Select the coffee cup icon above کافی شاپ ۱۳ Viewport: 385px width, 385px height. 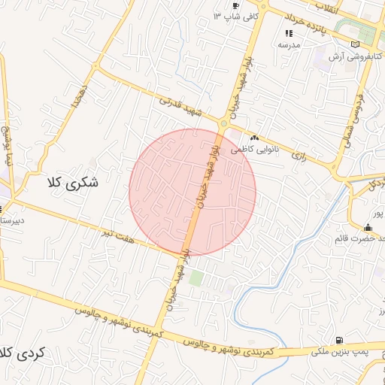[x=237, y=5]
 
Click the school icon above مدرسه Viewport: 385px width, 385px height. [x=289, y=33]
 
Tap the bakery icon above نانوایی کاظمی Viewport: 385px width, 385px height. [x=254, y=138]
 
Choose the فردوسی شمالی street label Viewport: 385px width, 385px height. [x=357, y=114]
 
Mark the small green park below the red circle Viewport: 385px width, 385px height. [x=196, y=278]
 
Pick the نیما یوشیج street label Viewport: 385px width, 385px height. [x=8, y=147]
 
